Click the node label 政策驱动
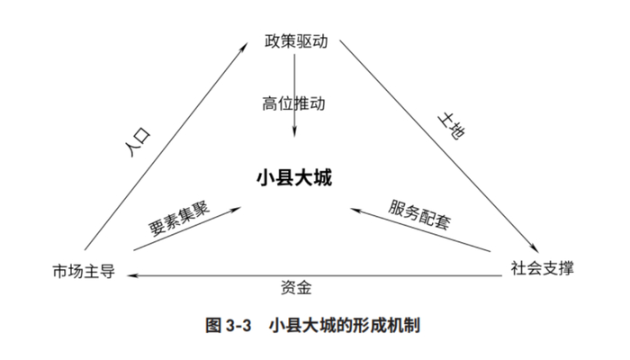point(294,41)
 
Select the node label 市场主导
point(84,270)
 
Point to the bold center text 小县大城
point(294,177)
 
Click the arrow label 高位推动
point(294,103)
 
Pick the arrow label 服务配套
point(420,216)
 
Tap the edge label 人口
point(136,143)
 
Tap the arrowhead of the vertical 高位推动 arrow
point(294,136)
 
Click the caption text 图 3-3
point(229,325)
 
